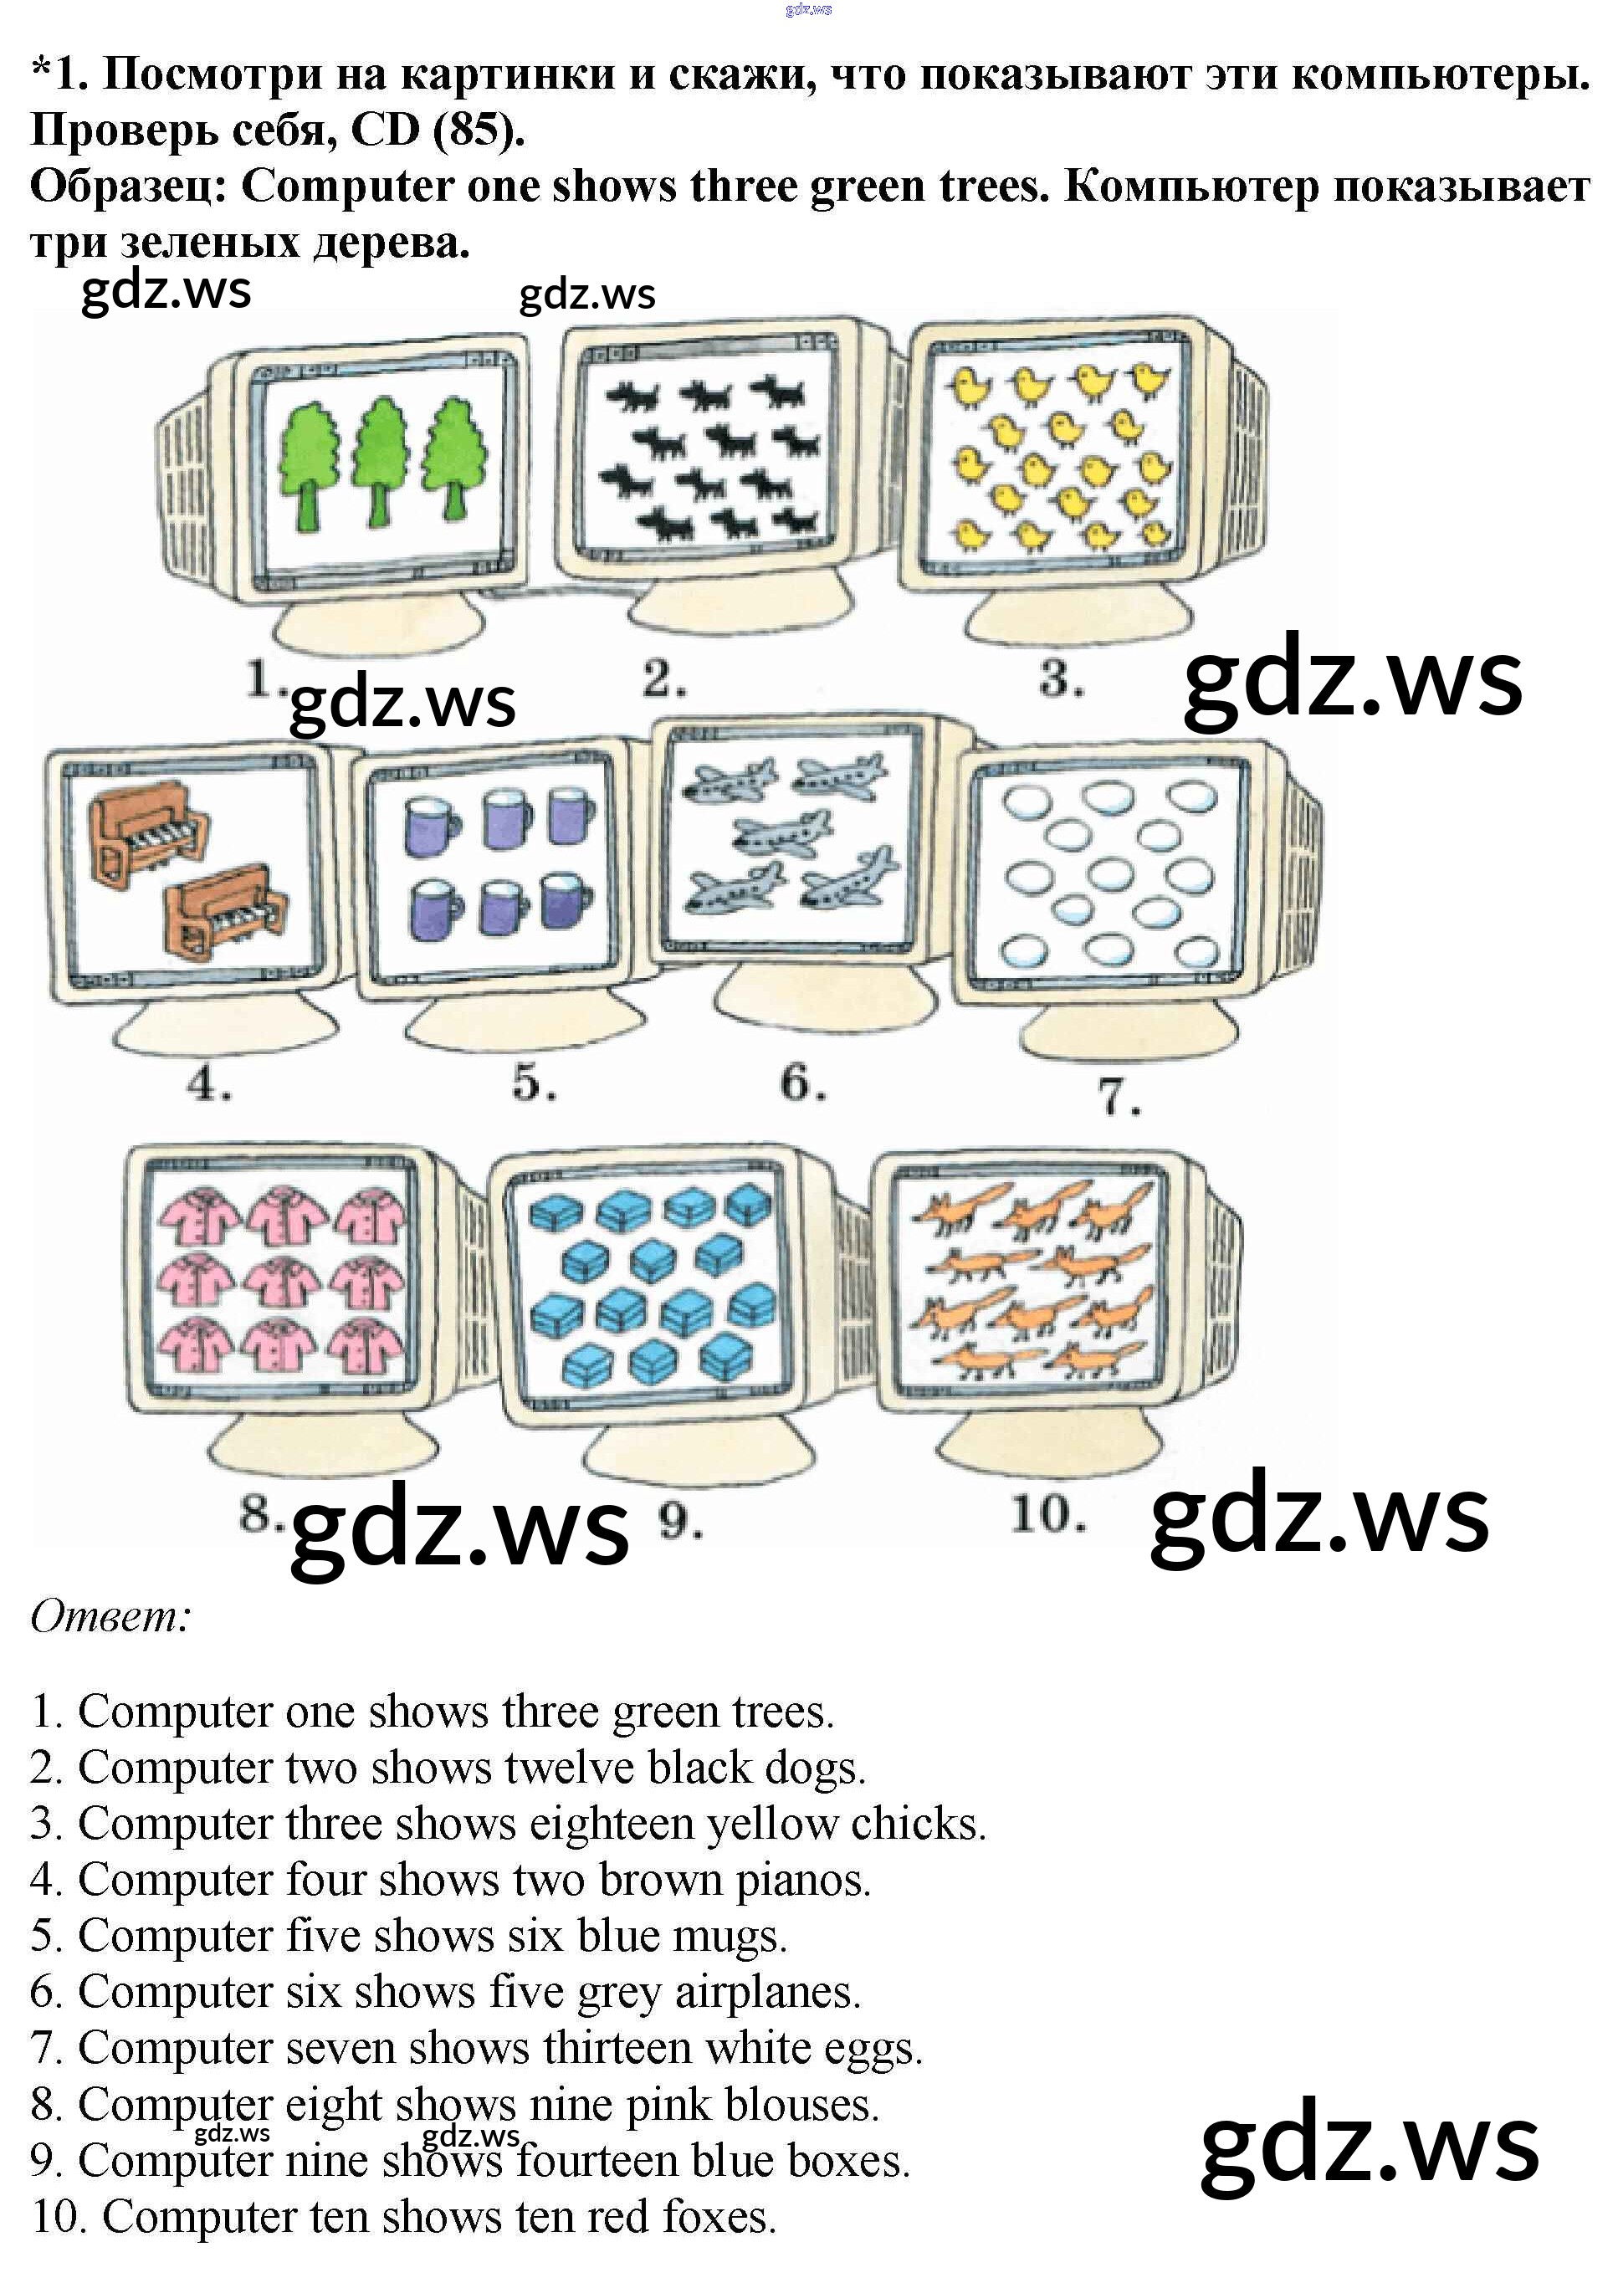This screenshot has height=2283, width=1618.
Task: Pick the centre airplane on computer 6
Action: (783, 832)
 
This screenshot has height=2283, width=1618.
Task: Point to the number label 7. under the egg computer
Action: (1118, 1097)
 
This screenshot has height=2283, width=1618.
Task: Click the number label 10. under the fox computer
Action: (1047, 1516)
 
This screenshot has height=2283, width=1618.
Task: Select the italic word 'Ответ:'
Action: (110, 1616)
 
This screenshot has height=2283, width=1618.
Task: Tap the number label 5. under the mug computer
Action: (534, 1083)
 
